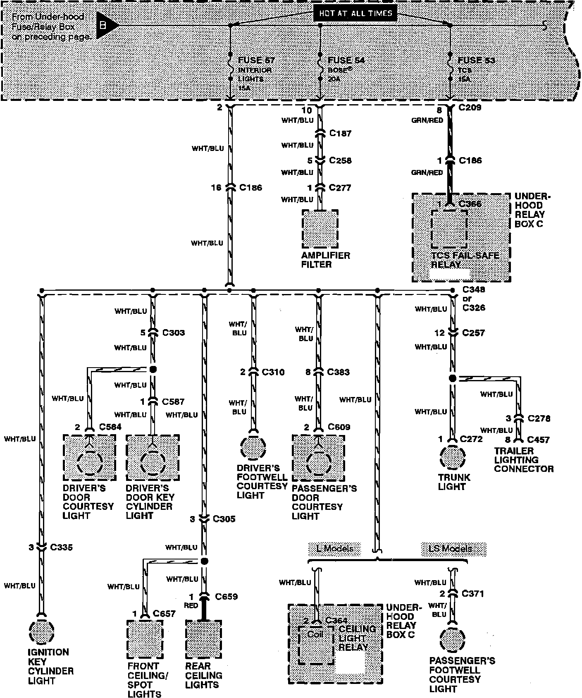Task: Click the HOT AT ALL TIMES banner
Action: (355, 14)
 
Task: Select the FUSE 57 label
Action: (256, 60)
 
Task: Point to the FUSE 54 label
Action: (346, 60)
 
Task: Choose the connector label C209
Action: (470, 108)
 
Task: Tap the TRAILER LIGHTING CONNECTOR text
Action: (524, 460)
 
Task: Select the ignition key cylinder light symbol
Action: (41, 632)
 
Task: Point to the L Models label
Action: (334, 549)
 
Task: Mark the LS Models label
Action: (453, 549)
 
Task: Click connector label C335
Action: (61, 547)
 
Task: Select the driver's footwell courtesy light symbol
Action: (253, 448)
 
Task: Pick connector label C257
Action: (473, 333)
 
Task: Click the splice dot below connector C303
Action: (153, 369)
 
